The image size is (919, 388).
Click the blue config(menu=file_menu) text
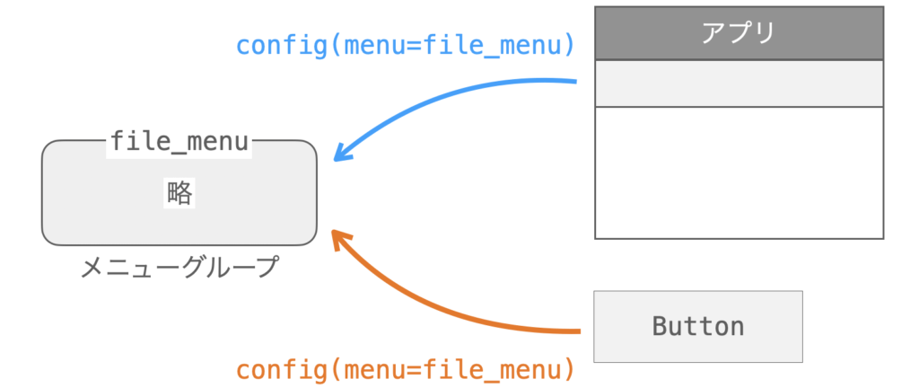(405, 45)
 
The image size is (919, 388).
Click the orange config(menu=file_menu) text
(405, 368)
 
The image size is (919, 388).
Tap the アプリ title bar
(739, 33)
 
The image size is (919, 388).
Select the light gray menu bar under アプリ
(739, 84)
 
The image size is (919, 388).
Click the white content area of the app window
(739, 172)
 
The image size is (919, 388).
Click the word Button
(697, 325)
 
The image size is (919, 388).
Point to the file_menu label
(179, 141)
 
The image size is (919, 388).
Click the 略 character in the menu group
(179, 193)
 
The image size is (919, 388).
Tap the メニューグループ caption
(179, 267)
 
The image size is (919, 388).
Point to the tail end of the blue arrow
(573, 82)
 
